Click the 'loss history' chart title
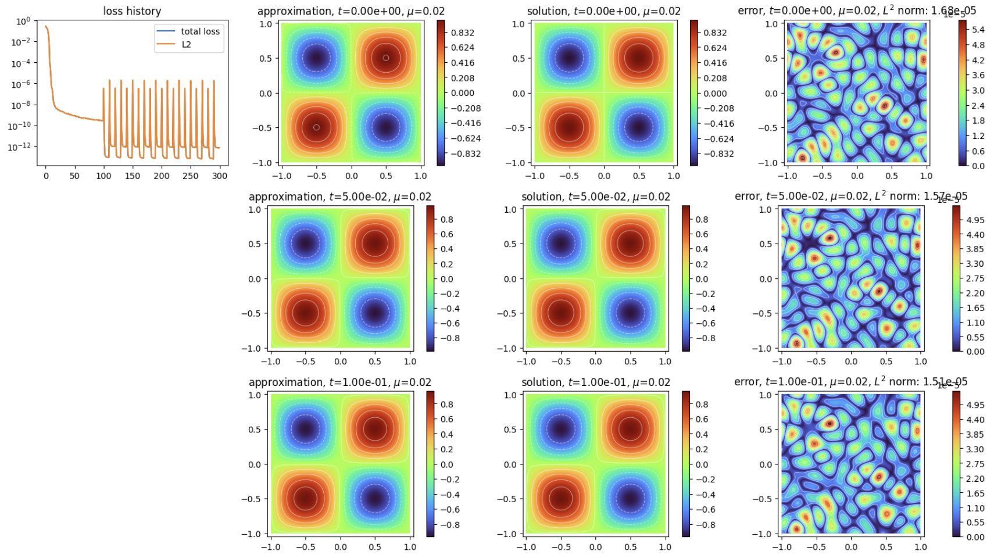tap(132, 11)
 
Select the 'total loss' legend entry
tap(200, 31)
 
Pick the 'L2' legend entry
tap(186, 44)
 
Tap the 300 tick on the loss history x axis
tap(220, 176)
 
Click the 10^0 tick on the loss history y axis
tap(23, 22)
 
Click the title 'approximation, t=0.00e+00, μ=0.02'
tap(351, 11)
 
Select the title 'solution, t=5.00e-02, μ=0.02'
tap(595, 196)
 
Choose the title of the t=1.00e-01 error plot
tap(850, 382)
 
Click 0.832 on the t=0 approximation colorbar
tap(463, 33)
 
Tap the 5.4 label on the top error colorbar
tap(978, 30)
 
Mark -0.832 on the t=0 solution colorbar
tap(718, 153)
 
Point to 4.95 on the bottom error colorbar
tap(975, 405)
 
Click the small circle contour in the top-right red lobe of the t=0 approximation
tap(386, 58)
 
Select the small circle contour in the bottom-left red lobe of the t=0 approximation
tap(316, 127)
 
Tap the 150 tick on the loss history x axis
tap(133, 176)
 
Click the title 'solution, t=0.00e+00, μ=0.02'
tap(603, 11)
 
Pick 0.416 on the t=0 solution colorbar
tap(715, 63)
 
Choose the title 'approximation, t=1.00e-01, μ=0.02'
tap(339, 382)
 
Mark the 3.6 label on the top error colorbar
tap(978, 75)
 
